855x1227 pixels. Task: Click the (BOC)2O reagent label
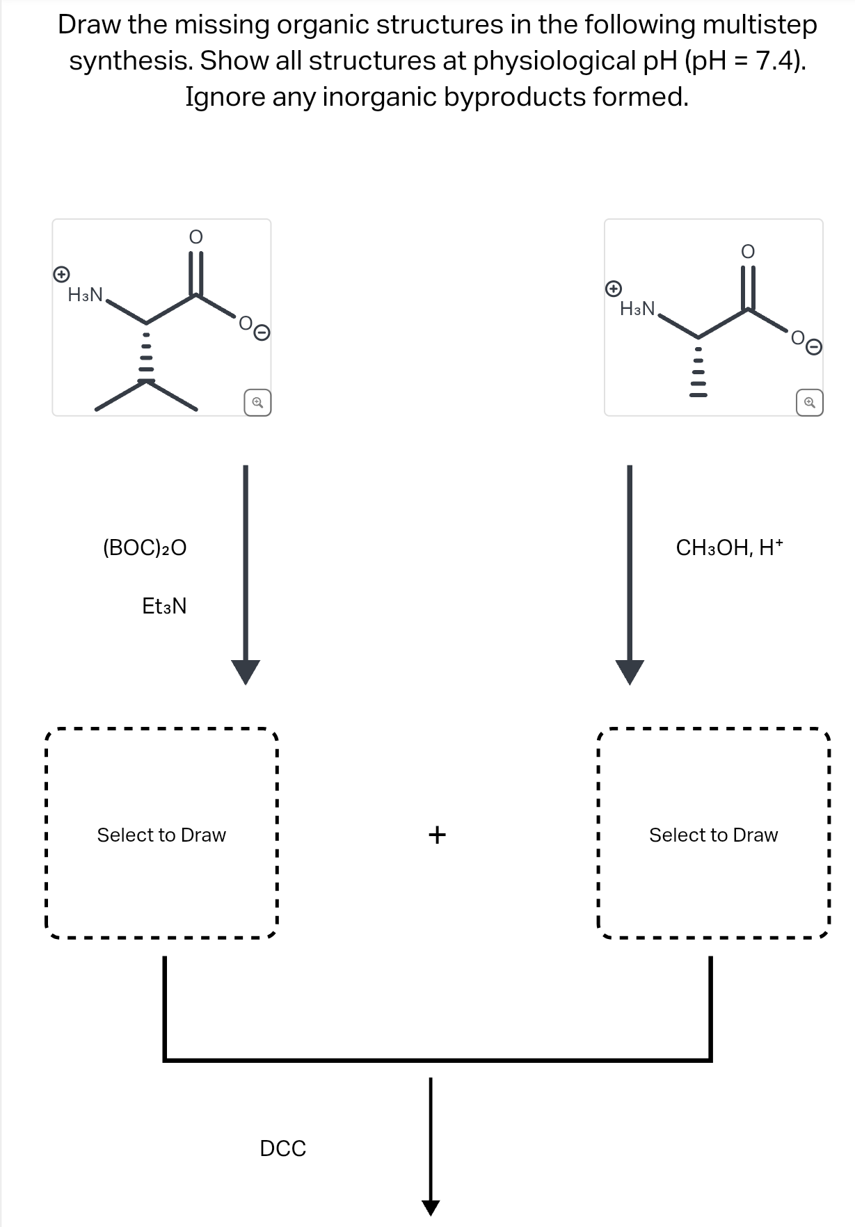coord(145,548)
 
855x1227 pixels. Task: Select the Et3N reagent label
coord(164,607)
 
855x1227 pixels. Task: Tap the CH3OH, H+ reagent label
coord(729,548)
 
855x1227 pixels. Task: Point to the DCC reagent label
coord(282,1148)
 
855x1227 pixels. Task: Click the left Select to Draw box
coord(161,835)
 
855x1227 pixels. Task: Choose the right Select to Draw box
coord(713,835)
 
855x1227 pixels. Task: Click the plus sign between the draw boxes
coord(437,834)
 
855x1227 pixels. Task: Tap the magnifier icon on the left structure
coord(257,403)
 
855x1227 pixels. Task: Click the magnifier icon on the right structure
coord(810,403)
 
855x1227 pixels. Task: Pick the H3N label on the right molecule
coord(637,308)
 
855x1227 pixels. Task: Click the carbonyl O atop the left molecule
coord(196,237)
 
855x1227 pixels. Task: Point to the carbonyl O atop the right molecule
coord(747,251)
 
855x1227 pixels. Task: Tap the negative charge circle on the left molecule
coord(262,333)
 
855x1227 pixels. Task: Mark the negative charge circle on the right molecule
coord(815,346)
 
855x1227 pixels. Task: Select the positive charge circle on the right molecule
coord(613,287)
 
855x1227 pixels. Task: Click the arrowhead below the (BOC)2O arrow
coord(245,672)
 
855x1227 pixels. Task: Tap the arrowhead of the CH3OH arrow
coord(630,672)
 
